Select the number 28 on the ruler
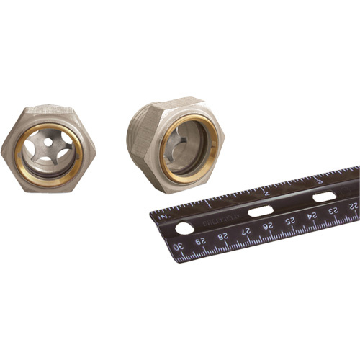(225, 235)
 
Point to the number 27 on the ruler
(246, 230)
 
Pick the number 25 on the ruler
(290, 219)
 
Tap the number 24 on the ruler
(311, 214)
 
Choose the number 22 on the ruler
(352, 204)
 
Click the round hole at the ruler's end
(184, 228)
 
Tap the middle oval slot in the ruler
(260, 211)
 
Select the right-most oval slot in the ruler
(323, 197)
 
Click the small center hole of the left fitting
(49, 143)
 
